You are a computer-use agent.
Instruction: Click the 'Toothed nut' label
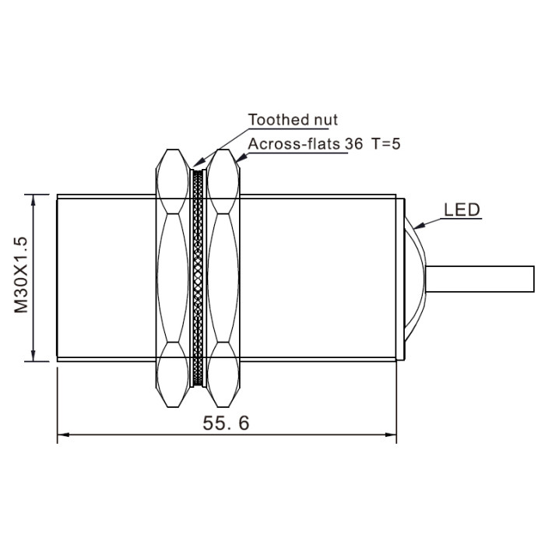click(x=293, y=120)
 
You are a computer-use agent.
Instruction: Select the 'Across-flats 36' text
click(x=305, y=144)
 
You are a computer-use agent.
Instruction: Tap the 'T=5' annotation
click(x=386, y=144)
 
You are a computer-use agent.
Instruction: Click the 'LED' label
click(x=462, y=210)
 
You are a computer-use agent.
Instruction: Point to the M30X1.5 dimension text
click(x=21, y=275)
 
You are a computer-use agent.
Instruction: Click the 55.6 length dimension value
click(x=226, y=424)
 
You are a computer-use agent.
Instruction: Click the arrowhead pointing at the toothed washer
click(x=199, y=162)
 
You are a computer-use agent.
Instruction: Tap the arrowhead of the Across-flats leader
click(x=241, y=158)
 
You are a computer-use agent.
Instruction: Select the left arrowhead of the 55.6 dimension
click(x=63, y=434)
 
